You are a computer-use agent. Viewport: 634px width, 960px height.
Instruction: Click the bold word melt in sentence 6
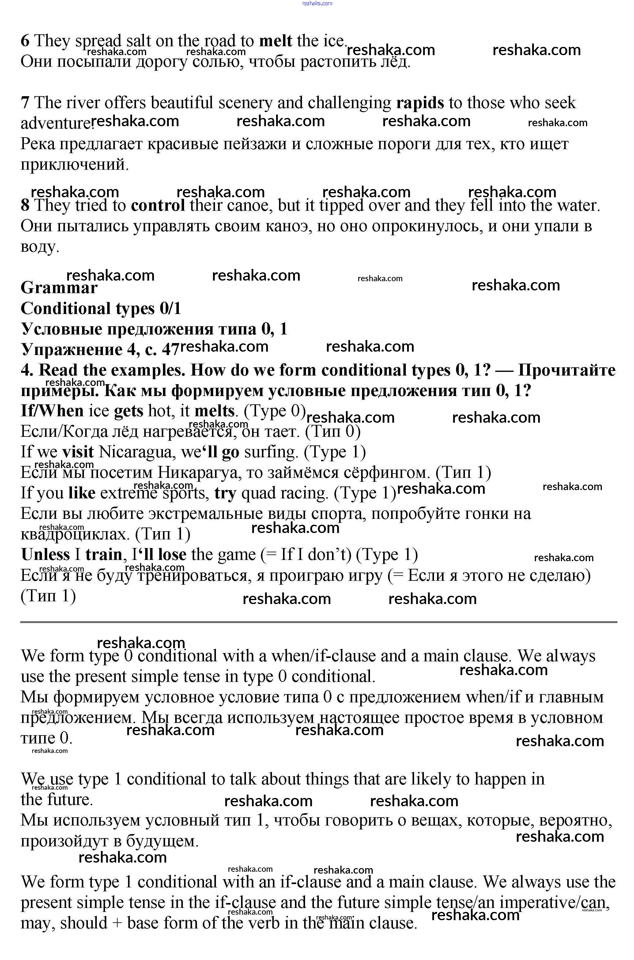(x=275, y=41)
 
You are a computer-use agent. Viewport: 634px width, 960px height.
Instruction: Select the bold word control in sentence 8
(x=158, y=206)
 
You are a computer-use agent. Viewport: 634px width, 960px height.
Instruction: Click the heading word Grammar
(x=59, y=288)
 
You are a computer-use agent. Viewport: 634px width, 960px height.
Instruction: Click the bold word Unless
(x=45, y=555)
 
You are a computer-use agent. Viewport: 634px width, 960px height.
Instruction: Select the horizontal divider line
(x=319, y=622)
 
